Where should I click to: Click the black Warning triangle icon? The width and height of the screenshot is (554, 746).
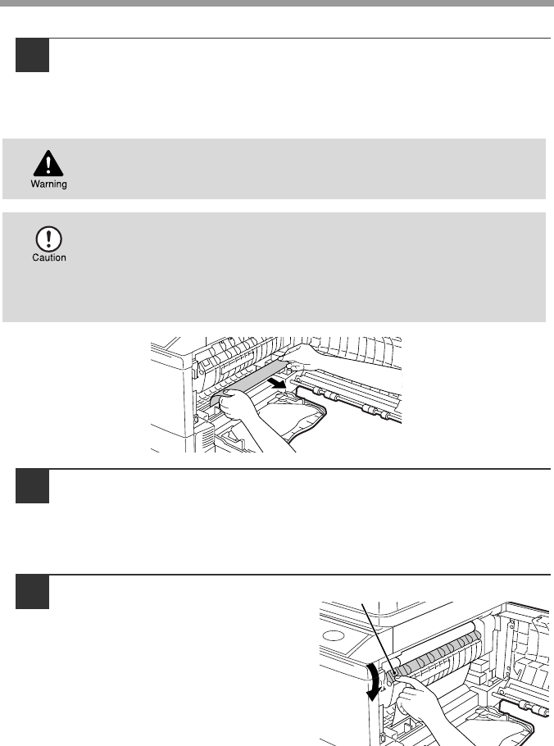(x=48, y=164)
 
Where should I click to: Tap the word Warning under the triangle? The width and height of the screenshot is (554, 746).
(x=48, y=184)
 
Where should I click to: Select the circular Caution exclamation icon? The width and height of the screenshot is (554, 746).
(x=48, y=239)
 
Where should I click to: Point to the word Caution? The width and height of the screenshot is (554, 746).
(x=49, y=257)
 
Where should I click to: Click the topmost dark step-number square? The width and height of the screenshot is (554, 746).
(x=32, y=55)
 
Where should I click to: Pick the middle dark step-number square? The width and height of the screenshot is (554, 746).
(x=32, y=486)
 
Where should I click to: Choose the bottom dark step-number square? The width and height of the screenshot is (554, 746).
(x=32, y=592)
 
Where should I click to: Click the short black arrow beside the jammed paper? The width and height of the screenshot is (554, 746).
(x=276, y=382)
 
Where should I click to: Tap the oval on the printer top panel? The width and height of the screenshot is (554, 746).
(x=334, y=635)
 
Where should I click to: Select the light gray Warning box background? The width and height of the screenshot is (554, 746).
(x=274, y=169)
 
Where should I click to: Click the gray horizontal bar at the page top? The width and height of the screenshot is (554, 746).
(x=277, y=2)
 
